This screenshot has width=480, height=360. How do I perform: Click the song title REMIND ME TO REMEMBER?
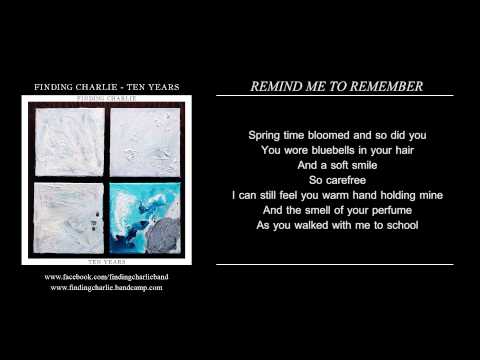[336, 86]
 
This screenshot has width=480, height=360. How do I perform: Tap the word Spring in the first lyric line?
[265, 133]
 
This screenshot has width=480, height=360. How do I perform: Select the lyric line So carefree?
[336, 180]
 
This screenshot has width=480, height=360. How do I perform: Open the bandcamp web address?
[106, 287]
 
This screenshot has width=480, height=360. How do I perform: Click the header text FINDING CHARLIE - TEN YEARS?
[103, 87]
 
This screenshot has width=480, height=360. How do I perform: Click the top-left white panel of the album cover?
[69, 142]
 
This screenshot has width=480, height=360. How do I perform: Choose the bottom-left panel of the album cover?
[69, 218]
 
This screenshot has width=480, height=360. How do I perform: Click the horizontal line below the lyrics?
[336, 264]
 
